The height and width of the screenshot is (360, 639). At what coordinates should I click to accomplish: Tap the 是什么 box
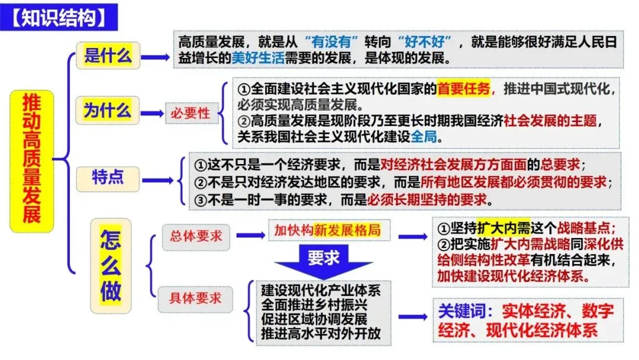pos(108,56)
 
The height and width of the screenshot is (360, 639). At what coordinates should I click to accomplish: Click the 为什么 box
pos(107,110)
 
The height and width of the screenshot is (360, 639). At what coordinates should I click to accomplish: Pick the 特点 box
pos(108,177)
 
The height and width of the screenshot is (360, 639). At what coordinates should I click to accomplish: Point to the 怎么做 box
pos(111,267)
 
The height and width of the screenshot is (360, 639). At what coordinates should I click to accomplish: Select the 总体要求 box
pos(196,235)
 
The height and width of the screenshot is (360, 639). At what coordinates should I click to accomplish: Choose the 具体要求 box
pos(196,298)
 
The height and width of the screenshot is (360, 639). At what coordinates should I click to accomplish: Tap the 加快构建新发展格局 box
pos(327,231)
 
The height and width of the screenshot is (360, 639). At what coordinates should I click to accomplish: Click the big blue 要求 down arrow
pos(322,260)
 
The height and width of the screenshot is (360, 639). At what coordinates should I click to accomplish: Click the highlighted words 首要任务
pos(464,89)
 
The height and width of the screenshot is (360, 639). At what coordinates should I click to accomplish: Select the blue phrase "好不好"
pos(425,43)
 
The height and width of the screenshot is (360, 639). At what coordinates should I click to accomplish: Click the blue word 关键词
pos(464,310)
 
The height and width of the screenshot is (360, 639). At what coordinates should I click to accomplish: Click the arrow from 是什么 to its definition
pos(155,57)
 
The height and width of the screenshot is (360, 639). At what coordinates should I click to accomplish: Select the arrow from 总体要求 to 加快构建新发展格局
pos(250,235)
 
